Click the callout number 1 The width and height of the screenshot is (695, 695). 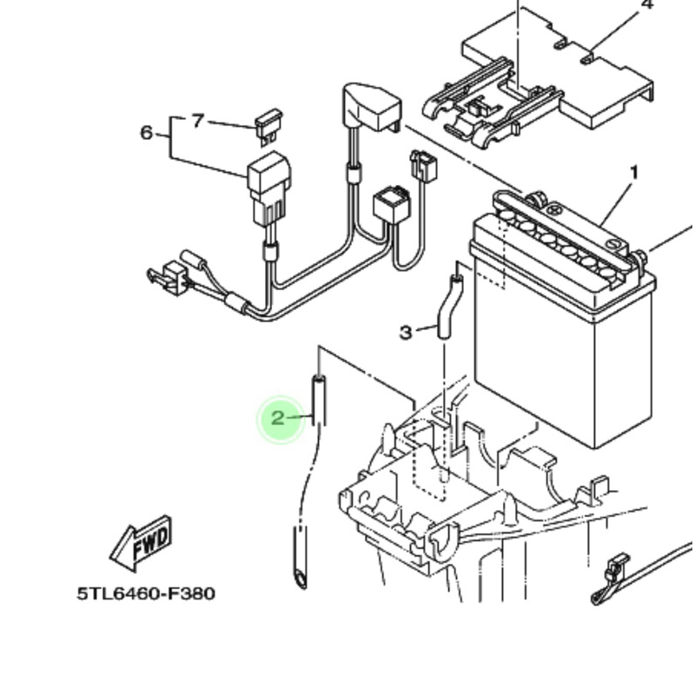point(634,173)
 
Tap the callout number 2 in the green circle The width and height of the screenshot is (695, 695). point(277,418)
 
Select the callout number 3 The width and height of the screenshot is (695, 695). point(406,332)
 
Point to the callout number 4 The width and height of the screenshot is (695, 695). point(647,4)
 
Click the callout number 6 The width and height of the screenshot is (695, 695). point(146,133)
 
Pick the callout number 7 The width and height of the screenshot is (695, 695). point(198,121)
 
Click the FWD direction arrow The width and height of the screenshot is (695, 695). point(141,544)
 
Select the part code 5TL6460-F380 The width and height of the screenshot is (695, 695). point(146,593)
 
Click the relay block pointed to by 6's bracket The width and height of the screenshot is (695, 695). point(269,189)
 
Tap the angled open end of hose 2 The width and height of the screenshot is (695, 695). point(300,579)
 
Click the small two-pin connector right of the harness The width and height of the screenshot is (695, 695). point(424,164)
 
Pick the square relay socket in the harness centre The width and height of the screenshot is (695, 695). point(392,204)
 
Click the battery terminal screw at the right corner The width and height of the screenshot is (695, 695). point(640,258)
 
